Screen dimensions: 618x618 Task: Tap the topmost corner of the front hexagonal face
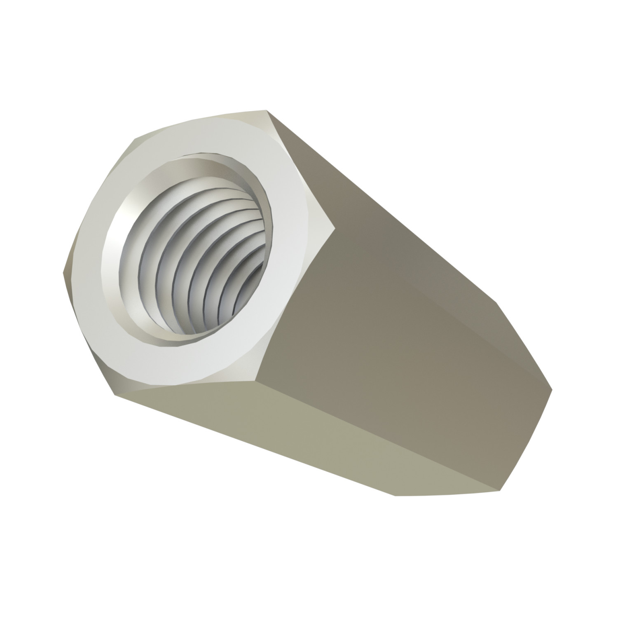click(265, 110)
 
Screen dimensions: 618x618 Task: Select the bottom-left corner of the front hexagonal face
click(114, 395)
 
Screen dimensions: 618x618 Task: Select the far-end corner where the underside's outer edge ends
click(396, 496)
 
